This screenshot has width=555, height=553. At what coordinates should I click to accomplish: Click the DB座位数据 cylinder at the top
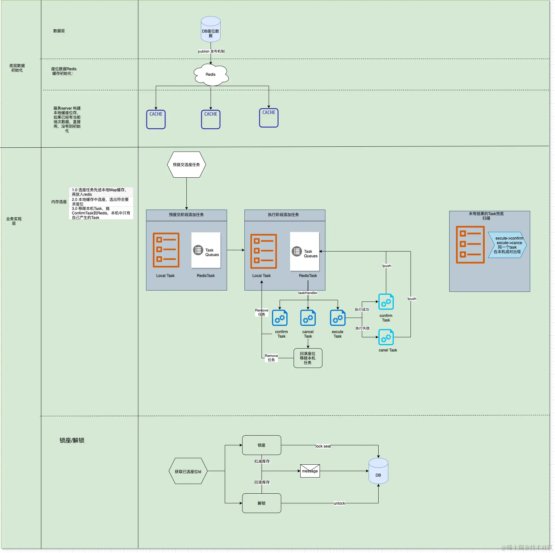[211, 29]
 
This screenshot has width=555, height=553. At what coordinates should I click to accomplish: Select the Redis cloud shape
[211, 74]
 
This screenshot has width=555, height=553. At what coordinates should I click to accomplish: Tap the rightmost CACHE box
[269, 118]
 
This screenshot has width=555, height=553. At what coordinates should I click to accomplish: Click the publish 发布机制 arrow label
[211, 51]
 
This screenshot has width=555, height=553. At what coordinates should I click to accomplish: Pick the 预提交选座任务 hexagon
[186, 165]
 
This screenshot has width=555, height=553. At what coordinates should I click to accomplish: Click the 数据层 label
[59, 31]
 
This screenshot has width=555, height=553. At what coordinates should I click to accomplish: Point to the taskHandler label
[308, 293]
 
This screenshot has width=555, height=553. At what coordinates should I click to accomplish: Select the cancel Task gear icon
[308, 318]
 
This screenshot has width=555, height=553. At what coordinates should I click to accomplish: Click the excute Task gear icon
[338, 318]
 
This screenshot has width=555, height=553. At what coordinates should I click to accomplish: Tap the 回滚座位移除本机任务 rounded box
[308, 358]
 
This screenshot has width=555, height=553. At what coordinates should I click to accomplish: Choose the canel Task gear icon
[386, 337]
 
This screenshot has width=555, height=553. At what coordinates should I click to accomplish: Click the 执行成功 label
[362, 310]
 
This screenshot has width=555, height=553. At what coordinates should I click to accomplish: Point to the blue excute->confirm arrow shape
[507, 245]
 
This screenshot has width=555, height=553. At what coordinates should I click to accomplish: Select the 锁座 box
[262, 445]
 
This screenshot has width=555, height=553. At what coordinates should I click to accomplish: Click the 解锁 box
[262, 503]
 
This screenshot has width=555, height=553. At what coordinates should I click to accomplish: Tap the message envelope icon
[310, 471]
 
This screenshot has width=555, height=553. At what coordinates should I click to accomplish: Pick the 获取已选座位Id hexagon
[188, 471]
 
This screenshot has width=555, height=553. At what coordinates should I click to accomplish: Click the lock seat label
[323, 446]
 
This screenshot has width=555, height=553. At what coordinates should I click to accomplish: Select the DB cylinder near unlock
[378, 471]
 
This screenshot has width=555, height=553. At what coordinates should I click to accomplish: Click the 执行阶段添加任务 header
[283, 215]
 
